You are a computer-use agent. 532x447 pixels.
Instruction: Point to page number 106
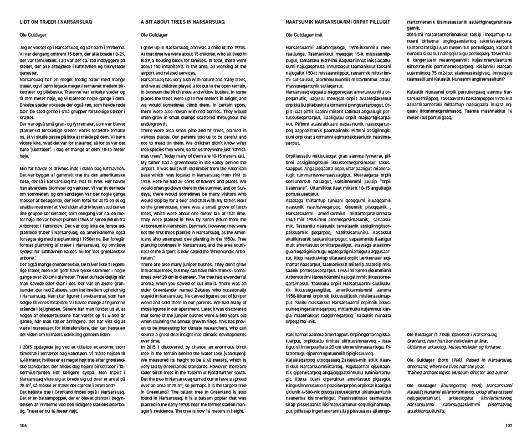pyautogui.click(x=23, y=425)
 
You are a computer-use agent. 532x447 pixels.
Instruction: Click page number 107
pyautogui.click(x=509, y=425)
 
